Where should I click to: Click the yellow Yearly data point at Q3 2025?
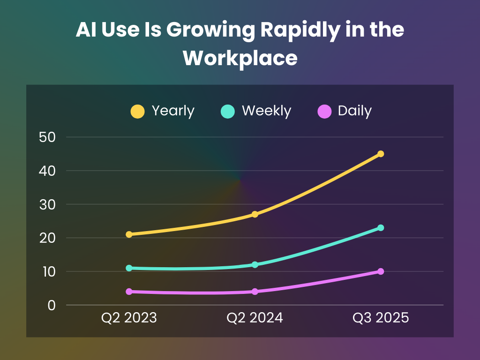point(381,154)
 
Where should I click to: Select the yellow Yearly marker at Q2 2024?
point(255,214)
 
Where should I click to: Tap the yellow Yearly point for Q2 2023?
point(129,234)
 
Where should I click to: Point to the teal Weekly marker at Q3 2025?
point(381,228)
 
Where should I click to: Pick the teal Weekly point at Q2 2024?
point(255,265)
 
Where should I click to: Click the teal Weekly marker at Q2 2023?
point(129,268)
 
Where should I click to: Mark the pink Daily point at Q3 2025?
point(381,271)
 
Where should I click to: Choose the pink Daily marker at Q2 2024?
point(255,292)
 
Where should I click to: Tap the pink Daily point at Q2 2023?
point(129,292)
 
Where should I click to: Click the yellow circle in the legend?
point(137,112)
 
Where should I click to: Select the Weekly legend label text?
point(266,111)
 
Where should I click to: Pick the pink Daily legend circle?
point(324,112)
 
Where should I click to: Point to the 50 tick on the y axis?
point(48,137)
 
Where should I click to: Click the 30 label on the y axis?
point(48,205)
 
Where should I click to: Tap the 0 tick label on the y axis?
point(52,306)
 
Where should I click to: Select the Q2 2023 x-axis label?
point(129,318)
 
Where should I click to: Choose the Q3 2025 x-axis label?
point(381,318)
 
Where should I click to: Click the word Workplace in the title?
point(240,58)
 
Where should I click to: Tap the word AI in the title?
point(86,30)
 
